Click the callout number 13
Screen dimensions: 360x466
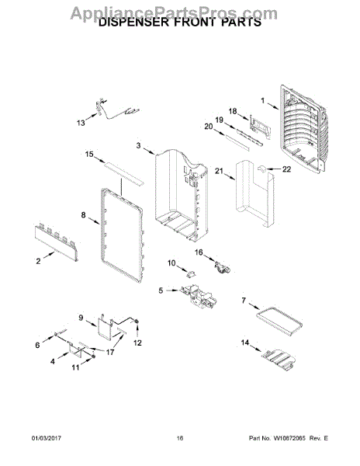coord(81,123)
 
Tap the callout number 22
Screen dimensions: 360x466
coord(286,169)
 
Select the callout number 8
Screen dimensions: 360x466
coord(83,214)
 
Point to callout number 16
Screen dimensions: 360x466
coord(199,252)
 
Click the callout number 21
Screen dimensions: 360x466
coord(219,171)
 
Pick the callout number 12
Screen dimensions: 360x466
coord(137,343)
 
